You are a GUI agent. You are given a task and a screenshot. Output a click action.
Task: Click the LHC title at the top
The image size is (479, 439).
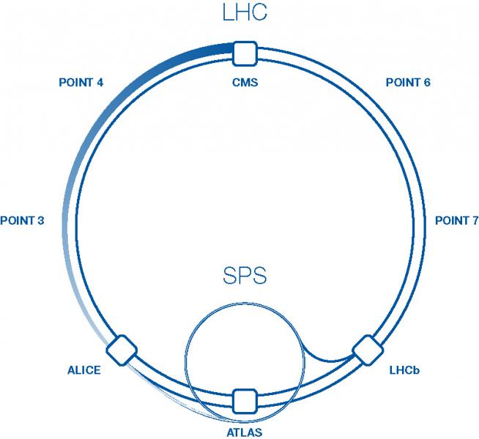pos(244,12)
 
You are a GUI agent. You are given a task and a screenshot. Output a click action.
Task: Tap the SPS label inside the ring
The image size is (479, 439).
pos(244,277)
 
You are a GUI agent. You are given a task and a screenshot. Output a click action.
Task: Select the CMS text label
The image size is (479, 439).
pos(244,82)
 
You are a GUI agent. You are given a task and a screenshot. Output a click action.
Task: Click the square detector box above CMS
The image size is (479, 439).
pos(244,53)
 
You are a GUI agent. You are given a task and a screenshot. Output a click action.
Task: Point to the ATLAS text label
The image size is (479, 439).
pos(244,432)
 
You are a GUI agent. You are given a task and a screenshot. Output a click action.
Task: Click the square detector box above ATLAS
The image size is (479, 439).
pos(244,400)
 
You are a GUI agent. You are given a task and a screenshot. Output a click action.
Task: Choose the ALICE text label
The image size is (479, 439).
pos(83,369)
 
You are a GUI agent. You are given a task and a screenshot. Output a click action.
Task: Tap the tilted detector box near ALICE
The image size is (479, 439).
pos(122,349)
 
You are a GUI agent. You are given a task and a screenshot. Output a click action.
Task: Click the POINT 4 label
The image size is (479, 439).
pos(81,82)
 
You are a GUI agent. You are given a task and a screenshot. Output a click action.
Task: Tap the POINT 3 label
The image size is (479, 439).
pos(23,220)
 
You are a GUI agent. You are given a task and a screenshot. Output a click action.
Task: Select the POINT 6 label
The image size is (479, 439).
pos(408,82)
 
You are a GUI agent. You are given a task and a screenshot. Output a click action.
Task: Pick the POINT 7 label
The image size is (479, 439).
pos(456,220)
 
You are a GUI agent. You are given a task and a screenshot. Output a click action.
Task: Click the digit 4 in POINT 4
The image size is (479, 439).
pos(99,82)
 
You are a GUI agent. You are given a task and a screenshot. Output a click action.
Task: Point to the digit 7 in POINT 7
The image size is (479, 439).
pos(475,220)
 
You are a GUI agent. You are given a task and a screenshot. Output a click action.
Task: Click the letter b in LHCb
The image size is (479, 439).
pos(416,370)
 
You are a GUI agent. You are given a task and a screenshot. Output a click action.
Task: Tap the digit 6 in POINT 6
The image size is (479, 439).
pos(426,82)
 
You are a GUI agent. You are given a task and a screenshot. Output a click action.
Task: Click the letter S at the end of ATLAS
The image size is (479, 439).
pos(258,432)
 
